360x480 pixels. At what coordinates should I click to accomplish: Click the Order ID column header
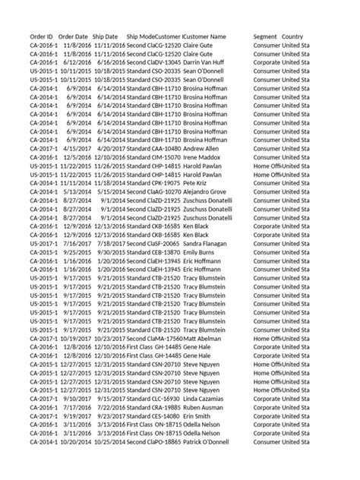[41, 36]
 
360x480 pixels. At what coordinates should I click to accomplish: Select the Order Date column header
[73, 36]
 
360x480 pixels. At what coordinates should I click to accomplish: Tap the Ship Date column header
[105, 36]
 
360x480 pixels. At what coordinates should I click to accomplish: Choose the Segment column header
[265, 36]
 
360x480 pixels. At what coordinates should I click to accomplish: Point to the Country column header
[293, 36]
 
